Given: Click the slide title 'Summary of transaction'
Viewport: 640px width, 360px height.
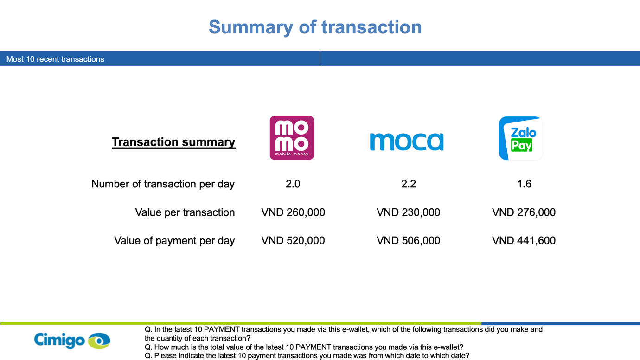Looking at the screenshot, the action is point(315,27).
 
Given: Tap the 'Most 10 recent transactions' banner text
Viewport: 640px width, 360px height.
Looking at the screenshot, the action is point(55,59).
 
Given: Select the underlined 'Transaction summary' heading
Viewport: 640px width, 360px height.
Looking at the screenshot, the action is point(174,142).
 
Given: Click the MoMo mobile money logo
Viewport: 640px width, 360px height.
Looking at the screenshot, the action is point(292,138).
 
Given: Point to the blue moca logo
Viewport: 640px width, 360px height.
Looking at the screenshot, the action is point(407,141).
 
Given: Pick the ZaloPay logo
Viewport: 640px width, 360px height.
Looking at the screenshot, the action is point(521,138).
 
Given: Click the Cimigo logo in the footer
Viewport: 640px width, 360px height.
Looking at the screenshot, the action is point(72,341).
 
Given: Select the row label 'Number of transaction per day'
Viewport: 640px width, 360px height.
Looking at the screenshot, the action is point(163,184).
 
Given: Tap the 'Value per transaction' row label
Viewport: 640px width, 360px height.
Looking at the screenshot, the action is point(185,212).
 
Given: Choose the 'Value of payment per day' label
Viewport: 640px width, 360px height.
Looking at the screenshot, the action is point(174,241).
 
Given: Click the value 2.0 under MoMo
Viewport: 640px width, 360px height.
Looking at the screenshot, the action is point(293,184).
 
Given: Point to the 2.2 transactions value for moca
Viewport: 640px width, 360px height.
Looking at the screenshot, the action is point(408,184).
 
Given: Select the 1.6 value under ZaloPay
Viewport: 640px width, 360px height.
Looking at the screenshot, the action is point(524,184).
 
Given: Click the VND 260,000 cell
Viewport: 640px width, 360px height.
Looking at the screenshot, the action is point(293,212).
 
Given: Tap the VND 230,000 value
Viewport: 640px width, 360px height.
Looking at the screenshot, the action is point(408,212).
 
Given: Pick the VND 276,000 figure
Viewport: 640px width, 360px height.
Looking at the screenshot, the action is point(524,212).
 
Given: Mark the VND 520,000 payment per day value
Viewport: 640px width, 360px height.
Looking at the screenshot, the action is point(293,241).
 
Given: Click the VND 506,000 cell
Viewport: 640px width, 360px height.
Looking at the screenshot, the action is point(408,241).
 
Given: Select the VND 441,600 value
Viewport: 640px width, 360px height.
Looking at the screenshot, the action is point(524,241).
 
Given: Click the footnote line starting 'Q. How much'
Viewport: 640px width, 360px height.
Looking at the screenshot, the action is point(304,347).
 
